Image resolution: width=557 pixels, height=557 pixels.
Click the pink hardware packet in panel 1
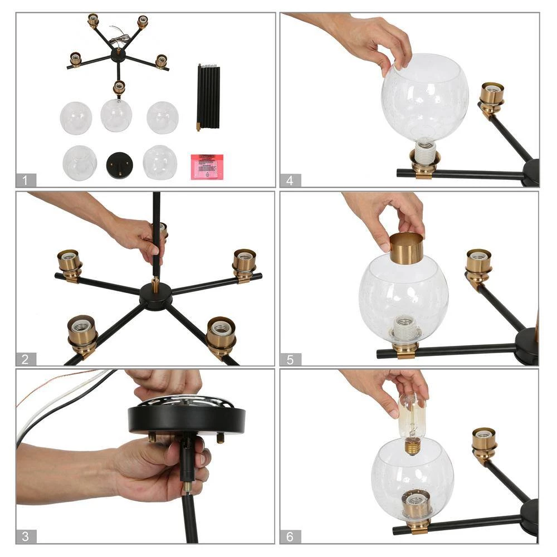click(207, 167)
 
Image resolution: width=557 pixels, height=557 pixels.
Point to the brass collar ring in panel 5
click(406, 248)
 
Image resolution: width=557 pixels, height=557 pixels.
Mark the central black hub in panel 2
click(156, 295)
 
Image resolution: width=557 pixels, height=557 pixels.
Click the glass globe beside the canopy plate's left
click(79, 163)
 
